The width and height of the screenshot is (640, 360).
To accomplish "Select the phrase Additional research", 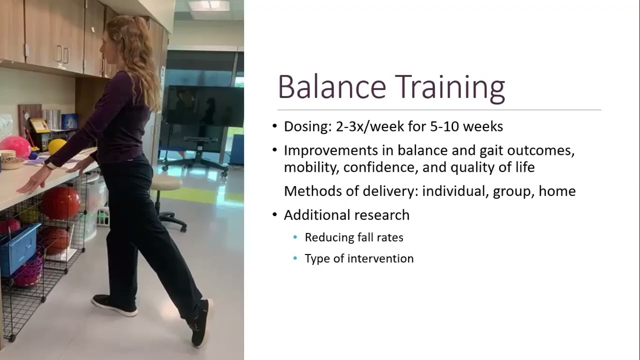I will click(346, 215).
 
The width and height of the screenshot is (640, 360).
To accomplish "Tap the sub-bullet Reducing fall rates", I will click(354, 237).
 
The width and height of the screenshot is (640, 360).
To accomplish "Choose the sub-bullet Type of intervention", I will click(359, 258).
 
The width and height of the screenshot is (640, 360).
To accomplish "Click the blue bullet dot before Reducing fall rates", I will click(295, 237).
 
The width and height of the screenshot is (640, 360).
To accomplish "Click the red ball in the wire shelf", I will click(60, 202).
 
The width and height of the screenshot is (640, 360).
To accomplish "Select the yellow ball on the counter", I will click(57, 146).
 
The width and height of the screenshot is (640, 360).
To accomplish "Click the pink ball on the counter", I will click(15, 145).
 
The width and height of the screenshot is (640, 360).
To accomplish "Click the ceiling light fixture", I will click(208, 5).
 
